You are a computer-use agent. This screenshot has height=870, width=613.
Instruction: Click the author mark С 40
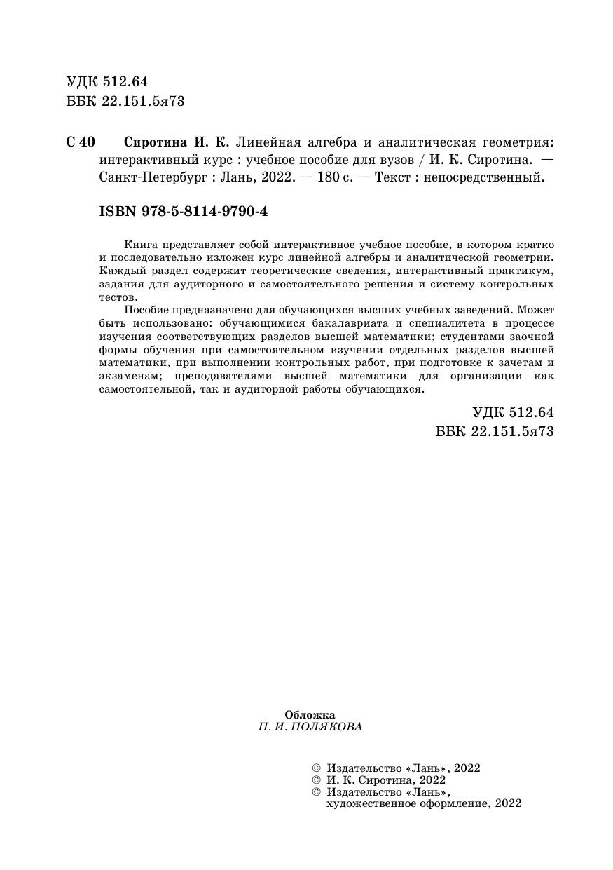pos(81,142)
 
